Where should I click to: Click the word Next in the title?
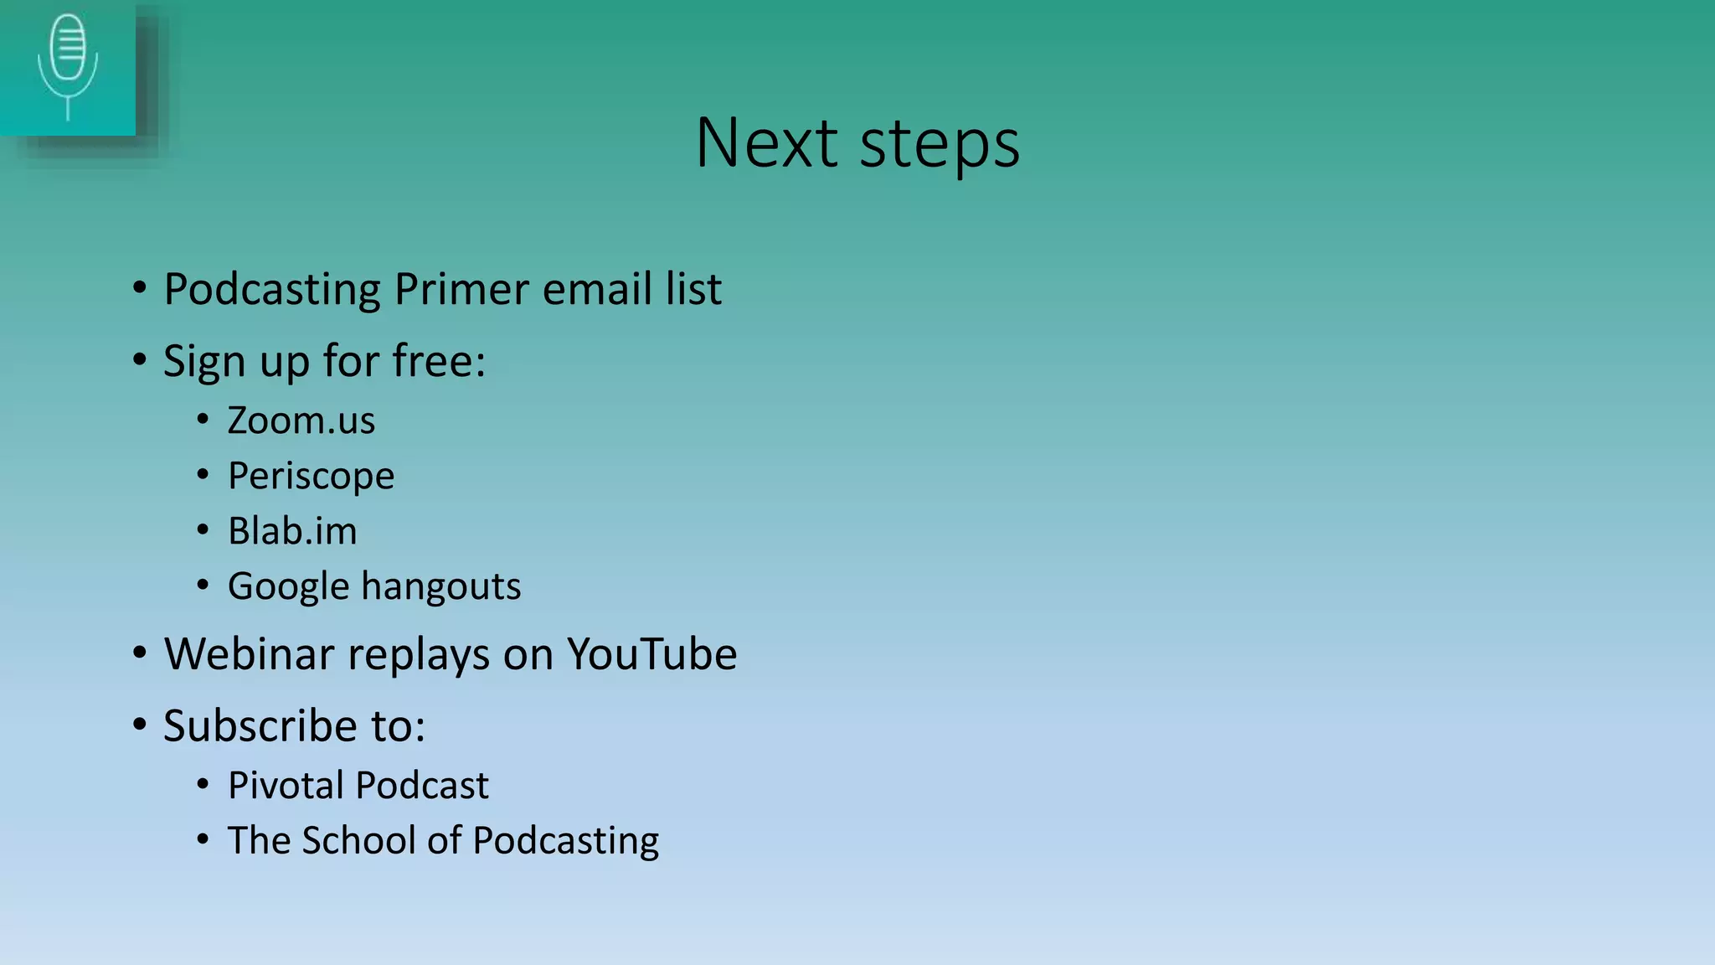point(766,143)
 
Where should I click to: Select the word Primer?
point(461,290)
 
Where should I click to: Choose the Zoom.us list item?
point(301,421)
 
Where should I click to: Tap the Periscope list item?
point(311,477)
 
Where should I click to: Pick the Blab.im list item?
point(292,531)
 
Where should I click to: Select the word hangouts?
point(440,586)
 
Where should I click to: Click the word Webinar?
point(249,654)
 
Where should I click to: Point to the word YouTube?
point(651,654)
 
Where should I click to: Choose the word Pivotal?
point(286,786)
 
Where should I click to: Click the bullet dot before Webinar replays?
point(140,653)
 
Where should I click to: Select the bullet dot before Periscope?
point(203,475)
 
